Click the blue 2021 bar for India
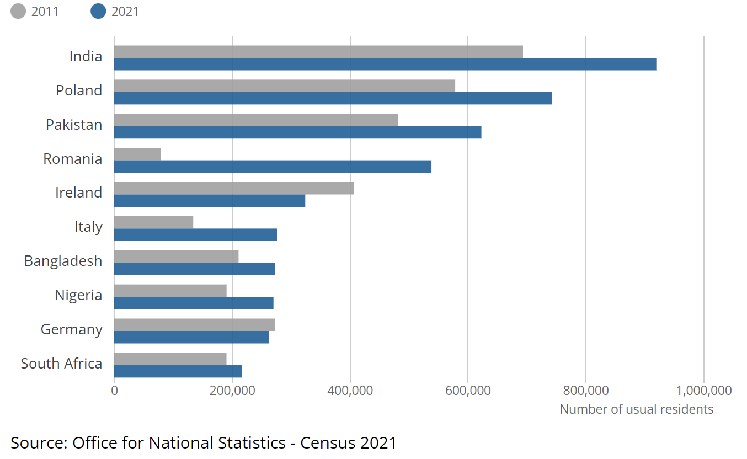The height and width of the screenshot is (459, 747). [x=385, y=64]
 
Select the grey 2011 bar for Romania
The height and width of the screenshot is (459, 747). [x=137, y=154]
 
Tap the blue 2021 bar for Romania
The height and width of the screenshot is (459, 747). [x=273, y=167]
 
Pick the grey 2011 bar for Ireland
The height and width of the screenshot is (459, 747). [x=234, y=188]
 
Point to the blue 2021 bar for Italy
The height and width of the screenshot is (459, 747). [x=195, y=235]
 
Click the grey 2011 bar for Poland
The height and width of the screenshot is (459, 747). [x=285, y=86]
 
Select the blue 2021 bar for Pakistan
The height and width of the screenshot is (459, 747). [x=297, y=132]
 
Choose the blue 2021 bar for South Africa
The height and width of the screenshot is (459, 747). [x=178, y=371]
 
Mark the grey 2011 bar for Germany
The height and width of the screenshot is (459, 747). [x=194, y=325]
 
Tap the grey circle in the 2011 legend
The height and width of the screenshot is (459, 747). [x=18, y=11]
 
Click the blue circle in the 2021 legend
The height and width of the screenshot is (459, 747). [x=98, y=11]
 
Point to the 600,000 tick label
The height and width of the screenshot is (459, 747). [x=468, y=391]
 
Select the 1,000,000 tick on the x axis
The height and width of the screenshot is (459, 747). [x=704, y=391]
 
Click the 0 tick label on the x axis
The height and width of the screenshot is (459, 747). [x=114, y=391]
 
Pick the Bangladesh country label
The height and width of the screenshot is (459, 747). [x=63, y=261]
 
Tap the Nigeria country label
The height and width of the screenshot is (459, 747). [x=78, y=295]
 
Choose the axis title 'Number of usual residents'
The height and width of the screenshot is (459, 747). [x=637, y=409]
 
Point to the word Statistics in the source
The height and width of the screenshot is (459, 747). [x=252, y=443]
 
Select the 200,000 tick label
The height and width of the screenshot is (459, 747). [x=232, y=391]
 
